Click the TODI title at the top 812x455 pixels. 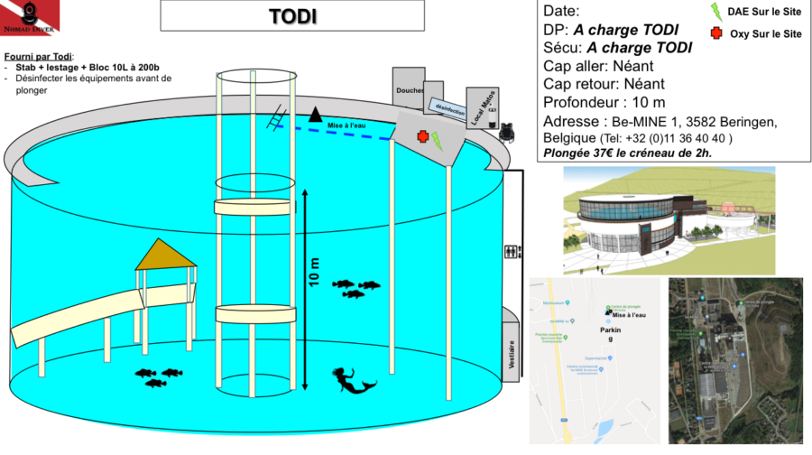pos(292,16)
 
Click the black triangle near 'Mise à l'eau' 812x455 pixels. pos(315,115)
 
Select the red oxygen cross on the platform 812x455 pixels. pos(421,137)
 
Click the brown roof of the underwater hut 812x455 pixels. pos(165,255)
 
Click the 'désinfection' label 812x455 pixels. pos(448,108)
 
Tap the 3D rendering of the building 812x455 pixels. pos(669,219)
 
